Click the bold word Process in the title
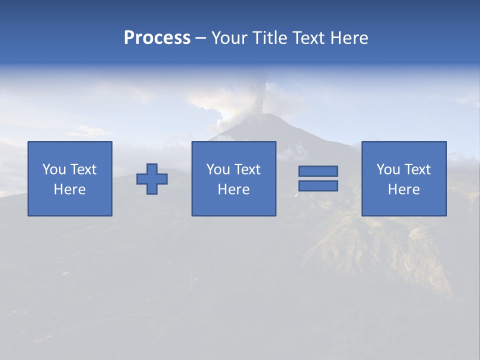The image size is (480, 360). click(157, 38)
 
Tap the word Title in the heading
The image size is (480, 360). click(269, 38)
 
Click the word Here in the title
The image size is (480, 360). click(349, 38)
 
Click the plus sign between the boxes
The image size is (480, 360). click(152, 179)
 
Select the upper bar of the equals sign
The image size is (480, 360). click(318, 171)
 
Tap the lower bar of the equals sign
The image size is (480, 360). click(318, 186)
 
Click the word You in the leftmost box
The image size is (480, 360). click(54, 169)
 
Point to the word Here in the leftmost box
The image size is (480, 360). click(69, 189)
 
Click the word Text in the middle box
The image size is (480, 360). click(247, 169)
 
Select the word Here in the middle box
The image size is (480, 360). click(233, 189)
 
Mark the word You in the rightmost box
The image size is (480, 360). click(388, 169)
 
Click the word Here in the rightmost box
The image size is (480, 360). click(403, 189)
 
